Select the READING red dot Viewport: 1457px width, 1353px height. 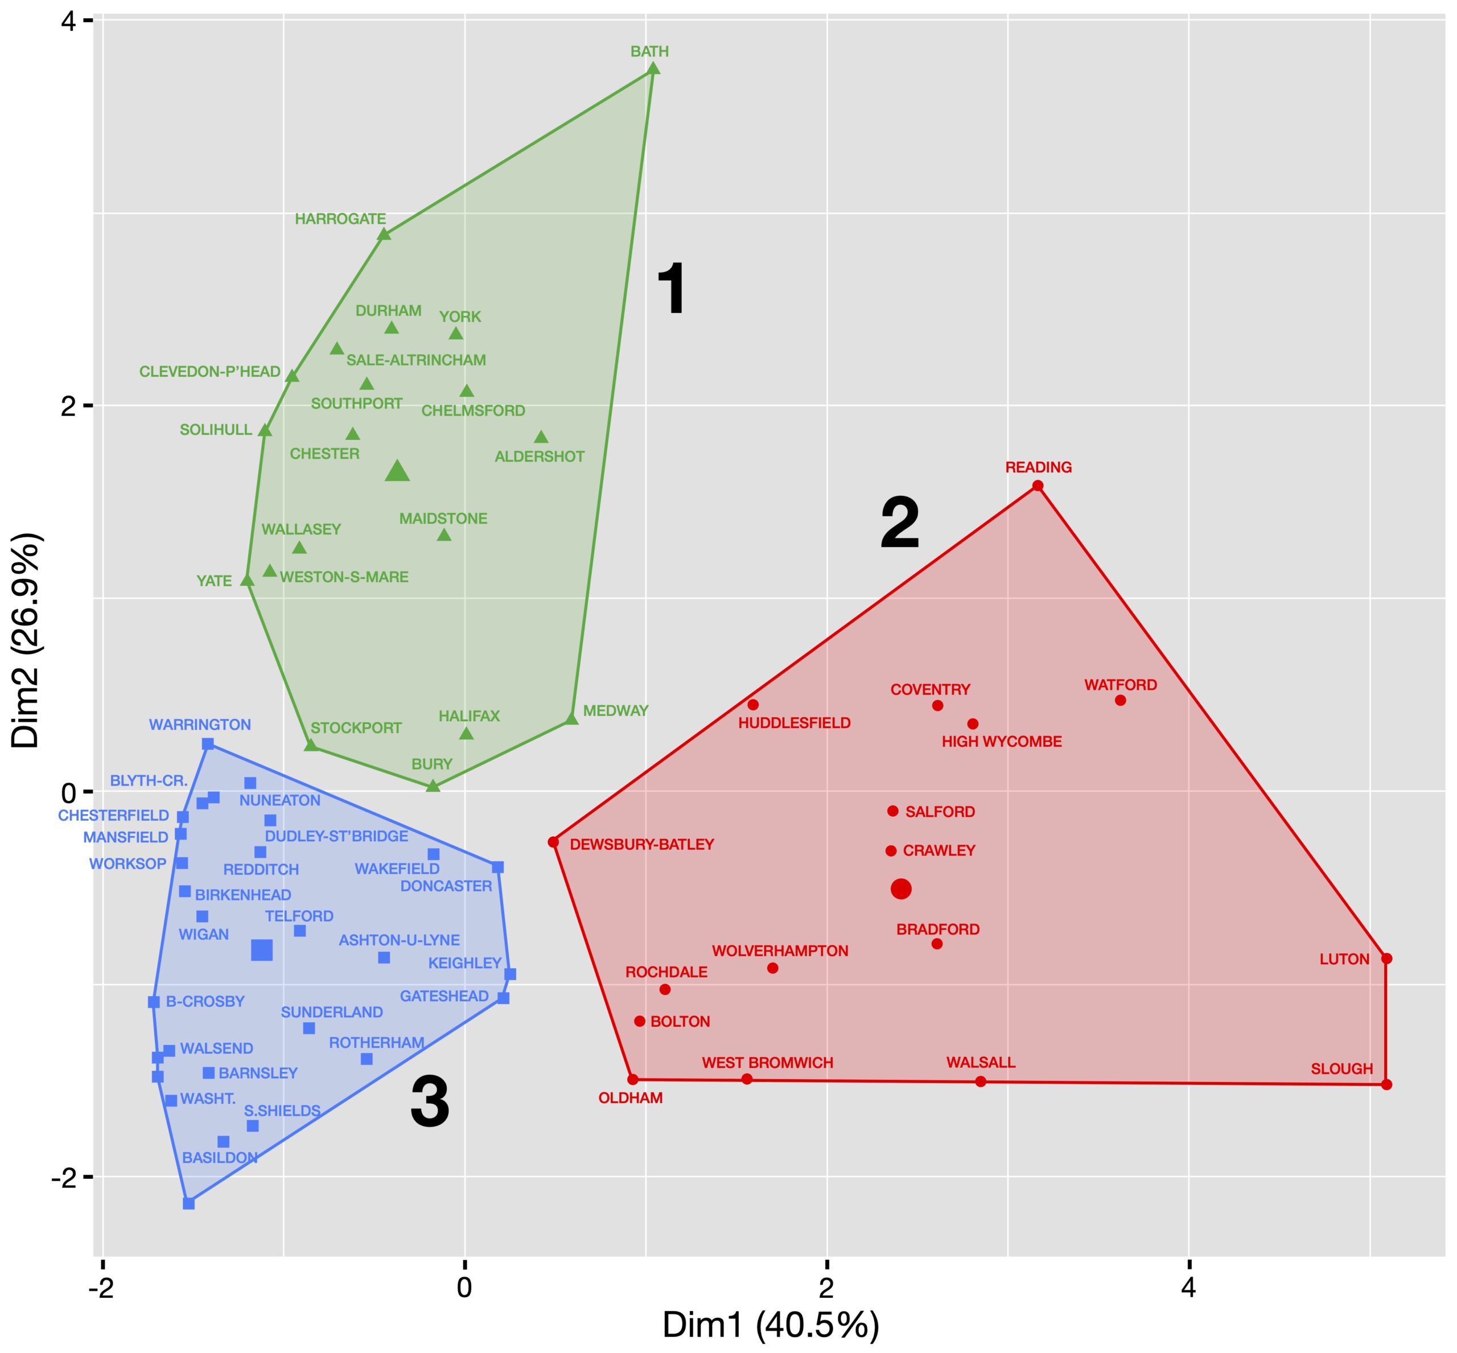1038,486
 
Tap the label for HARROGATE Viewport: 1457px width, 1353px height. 340,219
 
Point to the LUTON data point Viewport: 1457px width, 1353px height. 1386,959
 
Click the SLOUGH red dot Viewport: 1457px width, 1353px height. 1386,1084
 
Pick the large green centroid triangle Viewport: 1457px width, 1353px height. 398,471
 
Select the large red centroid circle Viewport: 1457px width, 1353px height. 902,889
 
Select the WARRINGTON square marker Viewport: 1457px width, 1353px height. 208,744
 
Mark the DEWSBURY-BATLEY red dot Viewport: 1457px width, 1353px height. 554,842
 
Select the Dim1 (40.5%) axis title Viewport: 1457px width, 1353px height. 771,1326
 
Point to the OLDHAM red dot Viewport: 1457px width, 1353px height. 633,1079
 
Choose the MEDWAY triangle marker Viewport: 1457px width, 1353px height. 572,719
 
